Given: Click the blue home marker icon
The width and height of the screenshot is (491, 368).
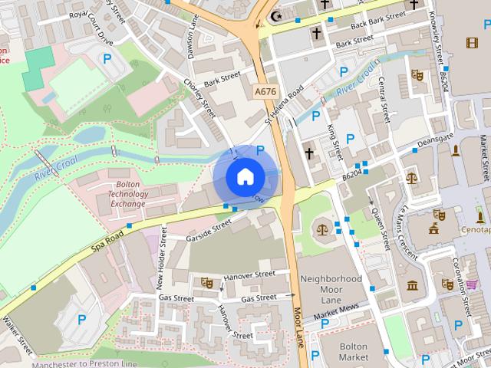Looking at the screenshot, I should pos(244,176).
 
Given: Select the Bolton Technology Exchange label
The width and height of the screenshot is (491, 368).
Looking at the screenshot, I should pos(128,195).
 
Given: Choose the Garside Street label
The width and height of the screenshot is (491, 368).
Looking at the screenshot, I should pos(208,230).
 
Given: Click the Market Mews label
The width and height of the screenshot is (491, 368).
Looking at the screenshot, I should pos(338,310).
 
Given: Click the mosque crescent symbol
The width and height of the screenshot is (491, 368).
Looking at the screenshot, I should pos(277,15).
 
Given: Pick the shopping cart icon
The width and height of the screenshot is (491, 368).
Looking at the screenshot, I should pos(471,284).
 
